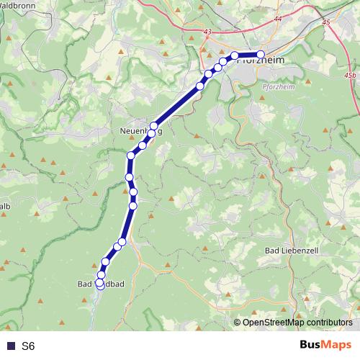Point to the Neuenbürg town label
141,132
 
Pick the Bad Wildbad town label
101,284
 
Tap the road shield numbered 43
208,32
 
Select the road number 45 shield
327,22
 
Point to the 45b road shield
350,75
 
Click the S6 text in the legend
28,346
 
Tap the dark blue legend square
10,346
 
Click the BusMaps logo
325,345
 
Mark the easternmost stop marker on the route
261,55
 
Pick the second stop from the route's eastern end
235,55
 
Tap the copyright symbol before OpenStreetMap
238,323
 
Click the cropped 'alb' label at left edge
4,207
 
